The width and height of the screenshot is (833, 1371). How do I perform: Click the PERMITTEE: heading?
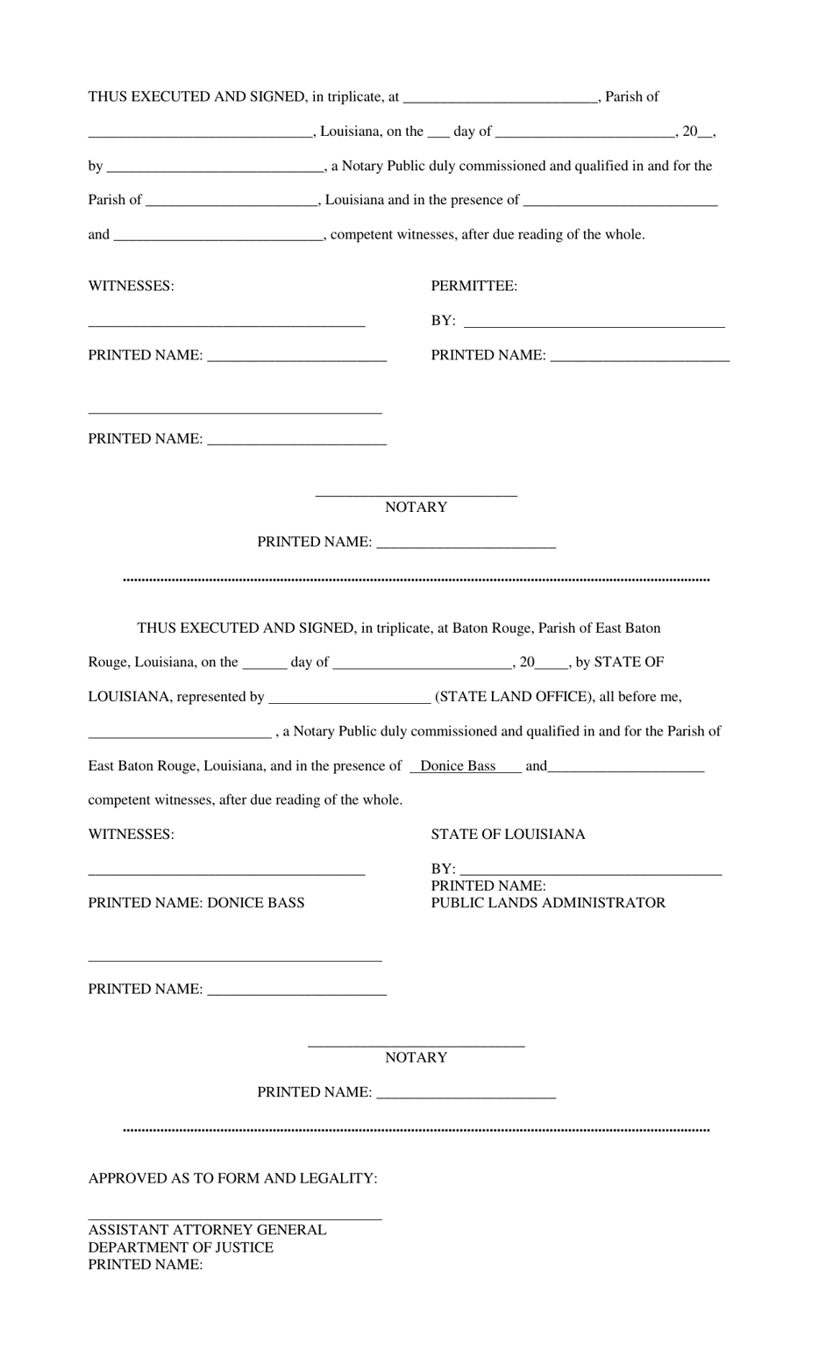click(x=473, y=286)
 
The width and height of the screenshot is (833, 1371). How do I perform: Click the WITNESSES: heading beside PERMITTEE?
click(x=131, y=286)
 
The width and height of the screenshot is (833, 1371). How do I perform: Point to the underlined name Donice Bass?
click(x=458, y=766)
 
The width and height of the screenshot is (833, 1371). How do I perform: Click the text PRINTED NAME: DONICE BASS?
click(x=196, y=903)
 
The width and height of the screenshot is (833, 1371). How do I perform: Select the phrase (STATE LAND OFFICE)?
click(x=514, y=697)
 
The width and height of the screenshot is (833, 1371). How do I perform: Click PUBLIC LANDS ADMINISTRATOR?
click(x=548, y=903)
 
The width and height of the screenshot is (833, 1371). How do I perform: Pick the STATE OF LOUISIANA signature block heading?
click(x=508, y=835)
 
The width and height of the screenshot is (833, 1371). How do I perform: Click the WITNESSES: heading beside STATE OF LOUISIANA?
click(x=131, y=835)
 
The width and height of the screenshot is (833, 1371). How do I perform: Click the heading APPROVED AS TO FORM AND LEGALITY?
click(x=232, y=1178)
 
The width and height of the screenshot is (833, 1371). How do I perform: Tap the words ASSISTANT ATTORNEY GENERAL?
click(x=207, y=1230)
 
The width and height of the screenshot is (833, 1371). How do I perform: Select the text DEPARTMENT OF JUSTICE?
click(x=181, y=1247)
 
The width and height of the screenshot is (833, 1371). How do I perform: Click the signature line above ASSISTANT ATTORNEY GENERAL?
click(x=235, y=1218)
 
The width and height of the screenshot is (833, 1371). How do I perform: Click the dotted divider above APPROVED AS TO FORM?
click(x=416, y=1131)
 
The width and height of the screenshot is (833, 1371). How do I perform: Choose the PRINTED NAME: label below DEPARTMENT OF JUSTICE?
click(x=146, y=1265)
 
